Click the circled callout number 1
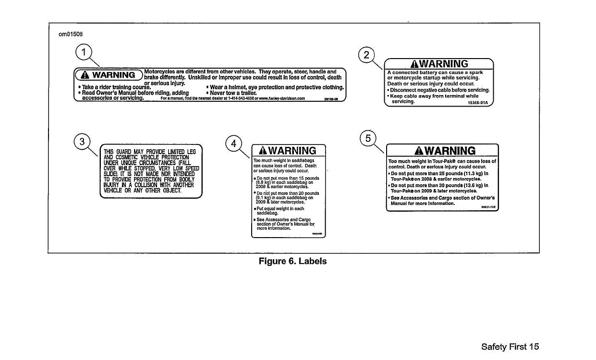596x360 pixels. (x=85, y=52)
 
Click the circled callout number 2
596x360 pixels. (x=367, y=55)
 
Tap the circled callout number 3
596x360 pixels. (x=82, y=141)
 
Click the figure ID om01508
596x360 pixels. (x=67, y=34)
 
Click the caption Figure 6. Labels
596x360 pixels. (x=292, y=261)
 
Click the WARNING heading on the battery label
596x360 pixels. (x=439, y=64)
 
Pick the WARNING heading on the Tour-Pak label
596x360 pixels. (x=442, y=151)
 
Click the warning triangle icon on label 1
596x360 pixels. (x=84, y=75)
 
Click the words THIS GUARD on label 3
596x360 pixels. (x=115, y=152)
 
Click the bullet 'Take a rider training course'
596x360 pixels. (x=112, y=87)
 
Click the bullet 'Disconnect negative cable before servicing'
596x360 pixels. (x=439, y=90)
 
